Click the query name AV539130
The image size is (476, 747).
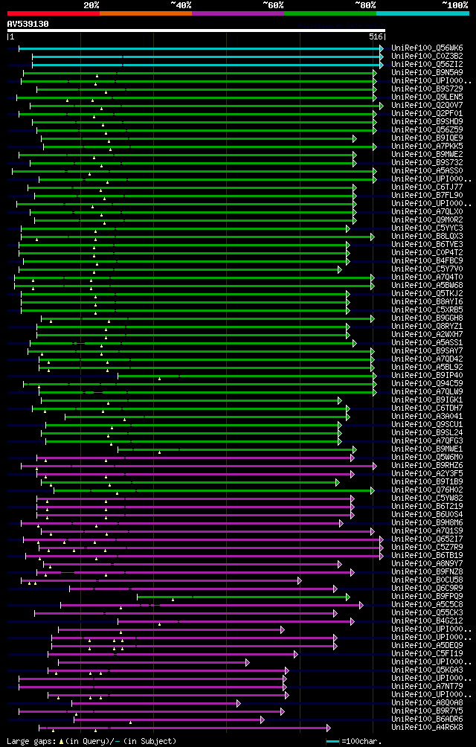click(28, 24)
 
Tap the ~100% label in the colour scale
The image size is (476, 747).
click(454, 4)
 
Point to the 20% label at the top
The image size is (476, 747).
click(91, 4)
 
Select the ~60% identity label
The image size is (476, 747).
click(273, 4)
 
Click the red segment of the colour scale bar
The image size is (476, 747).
click(53, 13)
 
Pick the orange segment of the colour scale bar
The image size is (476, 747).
click(145, 13)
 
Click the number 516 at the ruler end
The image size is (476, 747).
click(376, 36)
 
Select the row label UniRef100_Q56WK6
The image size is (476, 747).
click(427, 48)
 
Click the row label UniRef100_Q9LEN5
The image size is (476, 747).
click(427, 97)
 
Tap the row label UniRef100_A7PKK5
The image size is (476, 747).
click(427, 146)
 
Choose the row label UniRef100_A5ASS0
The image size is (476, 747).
click(427, 170)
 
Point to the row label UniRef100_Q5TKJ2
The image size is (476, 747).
click(427, 293)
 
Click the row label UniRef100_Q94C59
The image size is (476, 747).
click(427, 383)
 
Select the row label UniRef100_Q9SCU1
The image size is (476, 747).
click(427, 424)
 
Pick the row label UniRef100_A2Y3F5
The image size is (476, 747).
click(427, 473)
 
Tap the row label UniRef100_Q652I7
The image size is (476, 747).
click(427, 539)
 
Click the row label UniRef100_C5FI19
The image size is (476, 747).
click(427, 653)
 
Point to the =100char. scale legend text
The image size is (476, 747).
click(361, 741)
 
